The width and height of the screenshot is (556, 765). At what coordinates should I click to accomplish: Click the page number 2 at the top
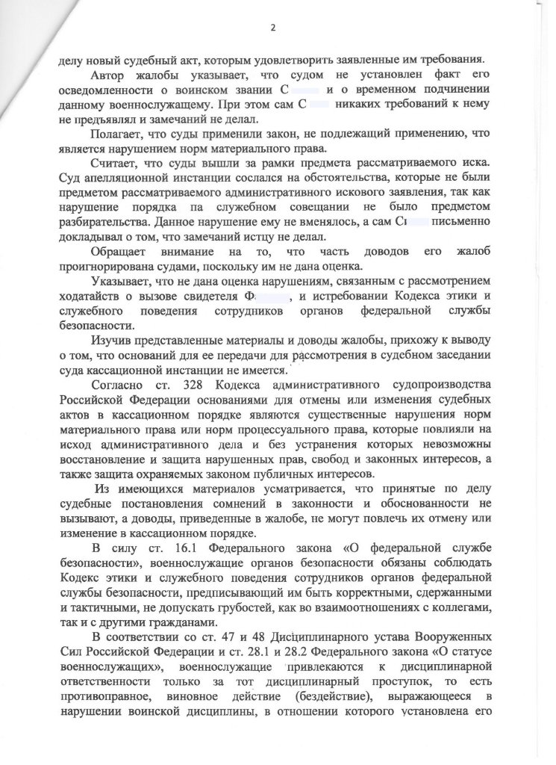[273, 28]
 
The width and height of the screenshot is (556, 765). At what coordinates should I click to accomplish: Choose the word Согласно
[119, 385]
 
